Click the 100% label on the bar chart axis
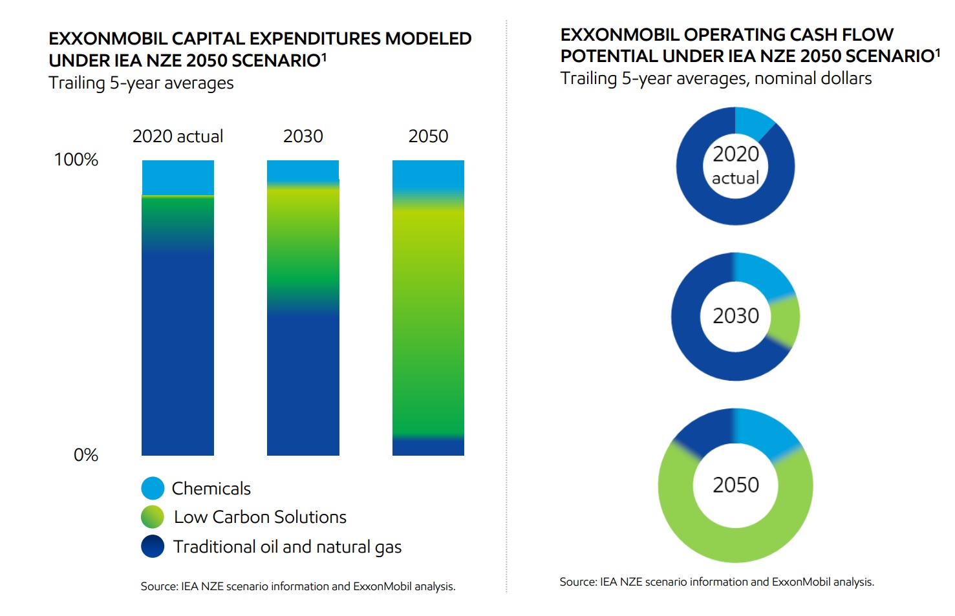(x=76, y=160)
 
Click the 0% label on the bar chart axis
(x=86, y=455)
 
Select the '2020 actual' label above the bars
(x=178, y=136)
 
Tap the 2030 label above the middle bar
(x=303, y=136)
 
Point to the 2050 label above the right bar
(x=428, y=136)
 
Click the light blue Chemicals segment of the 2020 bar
(x=178, y=177)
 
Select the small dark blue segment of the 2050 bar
(x=428, y=447)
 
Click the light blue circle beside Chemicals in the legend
(x=153, y=488)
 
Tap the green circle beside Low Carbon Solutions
(x=153, y=517)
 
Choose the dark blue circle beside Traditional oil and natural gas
(x=153, y=546)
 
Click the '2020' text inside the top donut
(x=736, y=154)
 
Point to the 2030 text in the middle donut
(x=736, y=316)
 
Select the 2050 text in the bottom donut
(x=736, y=485)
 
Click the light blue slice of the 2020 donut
(x=753, y=121)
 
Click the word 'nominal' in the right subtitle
(x=784, y=78)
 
